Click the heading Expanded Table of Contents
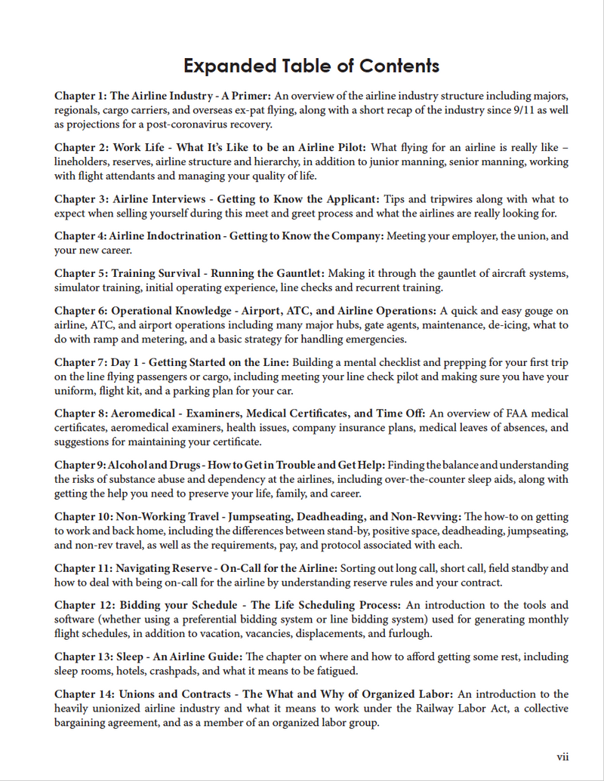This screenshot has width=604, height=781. (x=311, y=66)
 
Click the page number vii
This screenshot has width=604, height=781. (x=562, y=757)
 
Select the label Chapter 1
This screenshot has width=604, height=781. (x=79, y=97)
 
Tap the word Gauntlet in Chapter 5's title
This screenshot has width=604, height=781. (x=300, y=273)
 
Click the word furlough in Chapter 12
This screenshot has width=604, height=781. (x=408, y=633)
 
